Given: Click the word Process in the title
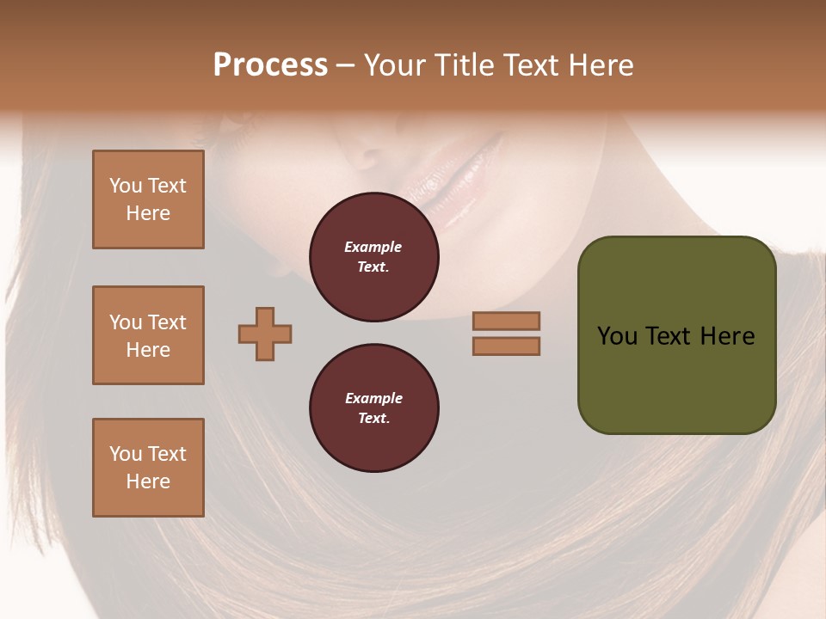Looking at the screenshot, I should point(270,65).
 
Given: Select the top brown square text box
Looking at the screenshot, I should point(148,199).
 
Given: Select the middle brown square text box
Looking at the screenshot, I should point(148,335).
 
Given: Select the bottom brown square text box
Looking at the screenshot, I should point(148,468).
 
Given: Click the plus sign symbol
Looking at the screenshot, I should point(265,334).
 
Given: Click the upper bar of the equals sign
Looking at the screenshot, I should point(506,321).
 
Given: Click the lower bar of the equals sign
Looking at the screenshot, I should point(506,346).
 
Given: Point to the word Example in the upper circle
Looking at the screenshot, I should point(373,248).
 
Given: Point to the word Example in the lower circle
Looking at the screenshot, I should point(373,399).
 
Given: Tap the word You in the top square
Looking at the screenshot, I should point(125,186).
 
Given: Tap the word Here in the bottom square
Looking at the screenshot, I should point(148,481).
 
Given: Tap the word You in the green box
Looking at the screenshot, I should point(617,336).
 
